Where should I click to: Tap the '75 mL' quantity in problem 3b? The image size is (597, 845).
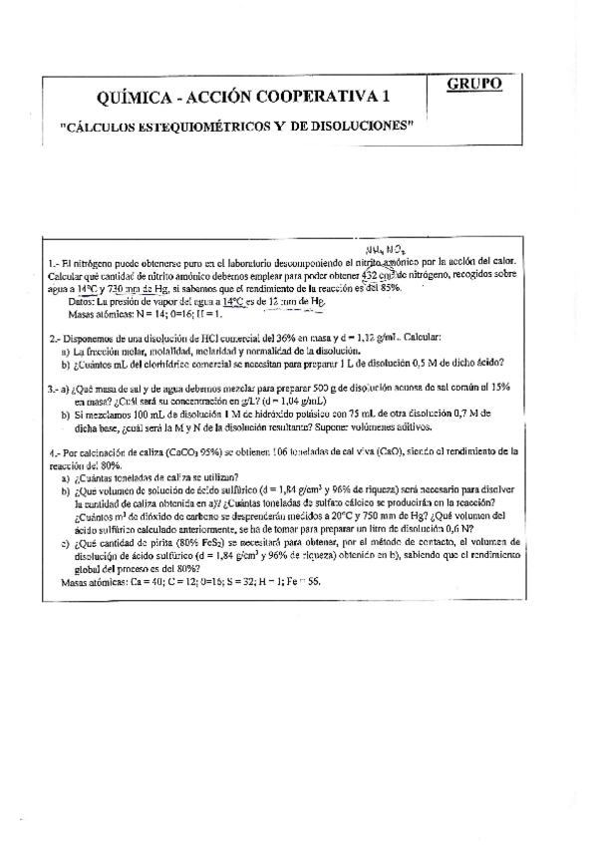(365, 411)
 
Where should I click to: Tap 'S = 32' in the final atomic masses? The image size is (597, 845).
(213, 580)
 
